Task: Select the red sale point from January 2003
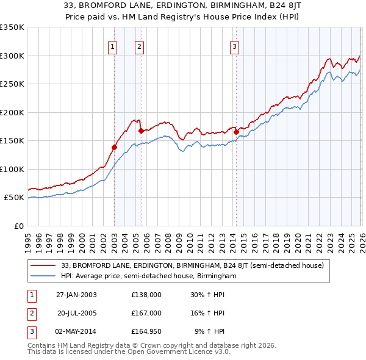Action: tap(114, 147)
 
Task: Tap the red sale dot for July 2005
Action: tap(141, 131)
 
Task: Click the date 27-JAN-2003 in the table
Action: tap(76, 295)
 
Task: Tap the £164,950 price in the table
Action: tap(146, 331)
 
